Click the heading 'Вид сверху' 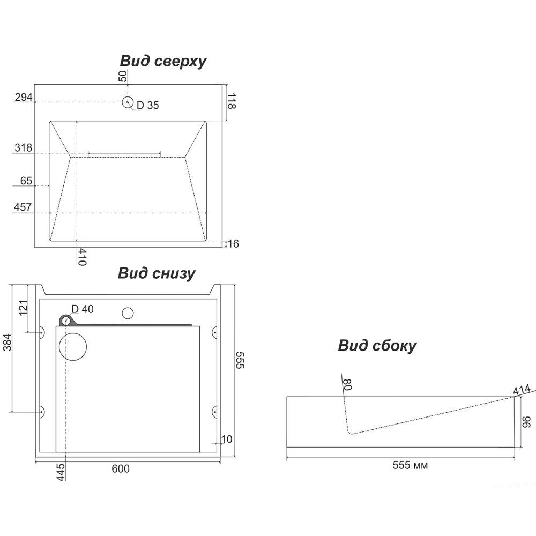click(163, 61)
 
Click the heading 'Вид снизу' click(156, 273)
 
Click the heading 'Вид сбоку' click(377, 346)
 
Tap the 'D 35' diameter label click(147, 106)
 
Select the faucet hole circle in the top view click(128, 102)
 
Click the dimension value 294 click(24, 97)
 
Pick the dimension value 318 click(24, 148)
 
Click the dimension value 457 click(24, 207)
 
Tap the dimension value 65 click(26, 181)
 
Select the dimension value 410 click(82, 257)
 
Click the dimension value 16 click(233, 244)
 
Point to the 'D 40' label click(83, 309)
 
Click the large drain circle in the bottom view click(72, 346)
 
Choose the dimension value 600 click(121, 468)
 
